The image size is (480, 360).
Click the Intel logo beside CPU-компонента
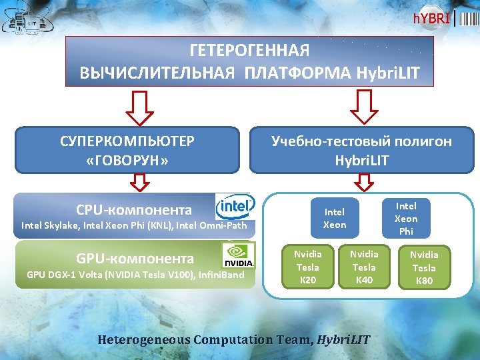235,206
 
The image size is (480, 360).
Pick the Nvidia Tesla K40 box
363,267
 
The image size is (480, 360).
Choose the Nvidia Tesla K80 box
424,267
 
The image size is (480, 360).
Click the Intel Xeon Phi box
406,218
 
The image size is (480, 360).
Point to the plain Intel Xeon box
335,218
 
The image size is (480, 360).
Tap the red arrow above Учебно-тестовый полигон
364,107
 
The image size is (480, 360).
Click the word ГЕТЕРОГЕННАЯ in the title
249,51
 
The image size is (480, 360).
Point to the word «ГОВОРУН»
127,161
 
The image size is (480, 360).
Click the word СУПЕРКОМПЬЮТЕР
127,141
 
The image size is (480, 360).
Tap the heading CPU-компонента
134,210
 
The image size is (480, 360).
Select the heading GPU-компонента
135,259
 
